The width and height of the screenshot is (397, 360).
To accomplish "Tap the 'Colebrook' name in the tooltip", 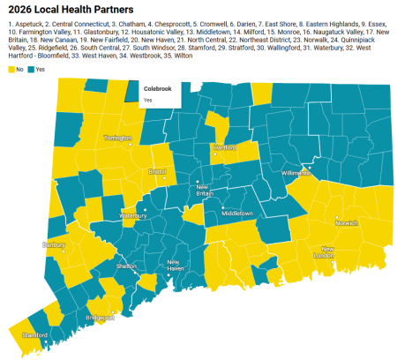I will click(x=157, y=89).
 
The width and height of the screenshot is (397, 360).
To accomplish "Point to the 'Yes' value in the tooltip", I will click(x=148, y=100).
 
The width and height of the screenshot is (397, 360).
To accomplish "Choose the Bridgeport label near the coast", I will click(x=101, y=315).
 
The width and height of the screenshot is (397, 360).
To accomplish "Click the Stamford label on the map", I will click(x=34, y=335).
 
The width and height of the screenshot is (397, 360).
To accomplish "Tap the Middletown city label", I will click(x=236, y=214).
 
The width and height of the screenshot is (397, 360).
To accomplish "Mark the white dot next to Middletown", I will click(x=220, y=208).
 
